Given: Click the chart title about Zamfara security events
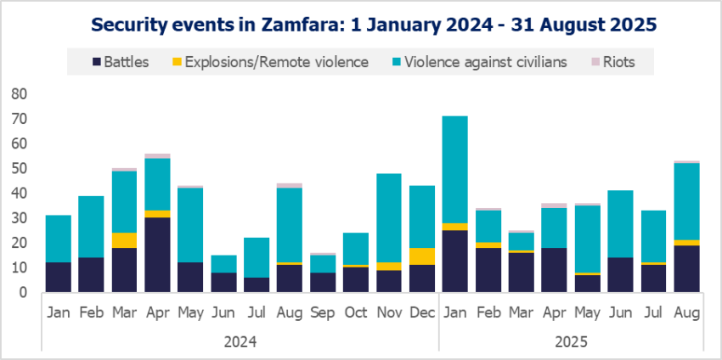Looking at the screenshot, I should tap(361, 25).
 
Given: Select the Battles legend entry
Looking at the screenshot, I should tap(121, 61).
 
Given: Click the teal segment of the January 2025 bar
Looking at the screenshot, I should tap(454, 170).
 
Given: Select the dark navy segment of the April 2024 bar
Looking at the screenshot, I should tap(157, 255).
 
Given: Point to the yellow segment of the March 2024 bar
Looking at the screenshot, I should tap(124, 239).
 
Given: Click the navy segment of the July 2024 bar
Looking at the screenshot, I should tap(257, 284).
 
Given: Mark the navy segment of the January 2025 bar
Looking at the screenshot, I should tap(454, 261).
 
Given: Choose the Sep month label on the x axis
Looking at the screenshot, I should tap(323, 314).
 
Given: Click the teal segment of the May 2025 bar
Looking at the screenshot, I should tap(586, 239).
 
